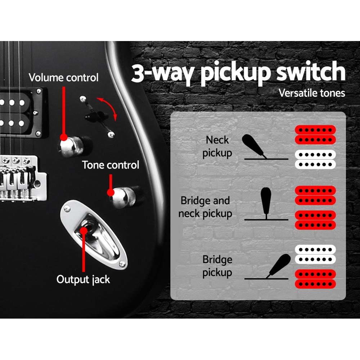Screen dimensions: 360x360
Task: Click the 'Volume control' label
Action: point(63,77)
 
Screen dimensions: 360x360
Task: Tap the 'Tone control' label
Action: point(111,165)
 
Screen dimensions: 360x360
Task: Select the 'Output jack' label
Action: point(83,279)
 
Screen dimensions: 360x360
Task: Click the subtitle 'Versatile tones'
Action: point(312,93)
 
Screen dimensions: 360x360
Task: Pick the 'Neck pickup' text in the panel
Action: point(217,147)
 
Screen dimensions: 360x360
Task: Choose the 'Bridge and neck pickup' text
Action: point(205,207)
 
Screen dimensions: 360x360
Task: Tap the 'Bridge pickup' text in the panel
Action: point(217,266)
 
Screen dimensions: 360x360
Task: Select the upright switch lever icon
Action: point(266,202)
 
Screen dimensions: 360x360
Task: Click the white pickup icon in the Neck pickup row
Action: point(315,159)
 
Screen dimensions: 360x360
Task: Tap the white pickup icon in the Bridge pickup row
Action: point(315,254)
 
